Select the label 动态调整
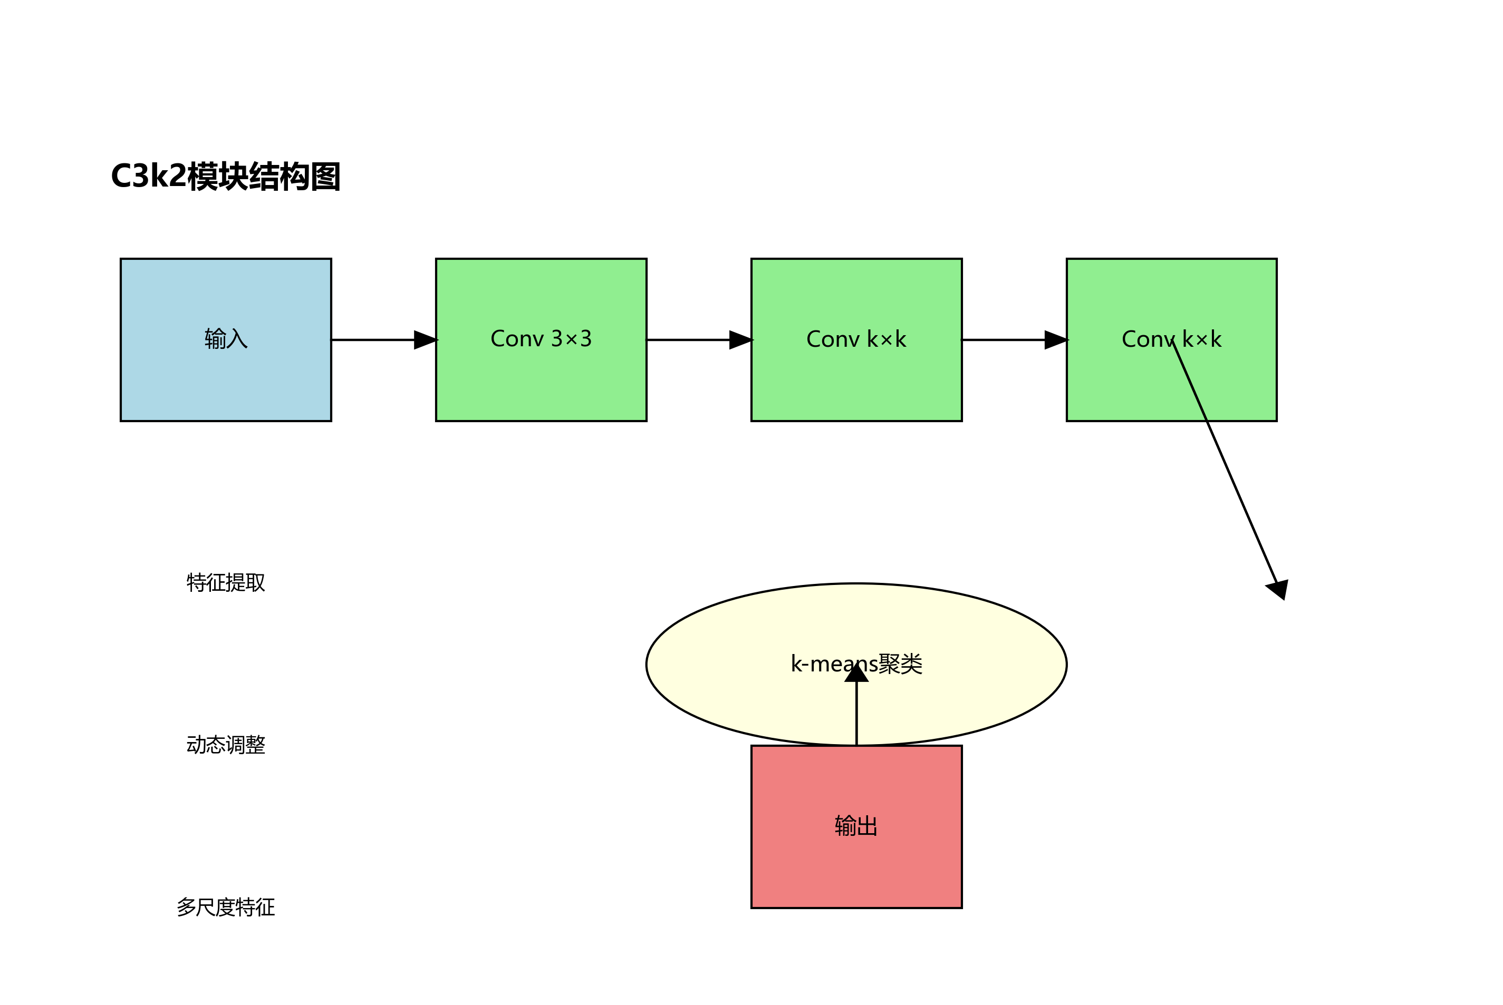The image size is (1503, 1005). (226, 745)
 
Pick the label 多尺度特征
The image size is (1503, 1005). (226, 908)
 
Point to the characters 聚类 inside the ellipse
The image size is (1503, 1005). (900, 664)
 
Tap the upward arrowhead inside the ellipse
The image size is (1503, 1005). (856, 673)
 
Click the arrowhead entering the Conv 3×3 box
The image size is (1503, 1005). (425, 340)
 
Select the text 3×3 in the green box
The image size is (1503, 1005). (571, 338)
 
